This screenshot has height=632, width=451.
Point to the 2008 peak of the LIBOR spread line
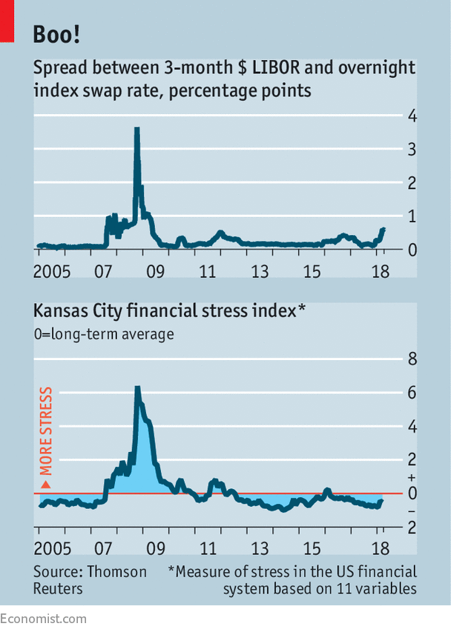136,130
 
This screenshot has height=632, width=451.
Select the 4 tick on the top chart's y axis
412,116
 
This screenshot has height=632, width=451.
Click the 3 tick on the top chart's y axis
412,149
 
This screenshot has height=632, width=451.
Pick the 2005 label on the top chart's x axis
53,271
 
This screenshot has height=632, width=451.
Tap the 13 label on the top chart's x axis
260,271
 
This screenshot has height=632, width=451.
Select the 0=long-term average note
103,334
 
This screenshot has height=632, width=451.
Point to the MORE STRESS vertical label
46,431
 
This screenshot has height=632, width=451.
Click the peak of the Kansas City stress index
137,387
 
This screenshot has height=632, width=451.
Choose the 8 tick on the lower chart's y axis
412,360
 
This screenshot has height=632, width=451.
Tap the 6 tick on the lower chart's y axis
412,393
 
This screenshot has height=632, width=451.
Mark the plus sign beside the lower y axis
412,478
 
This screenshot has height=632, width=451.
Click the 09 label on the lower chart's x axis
156,550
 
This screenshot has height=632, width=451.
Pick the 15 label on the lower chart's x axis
312,550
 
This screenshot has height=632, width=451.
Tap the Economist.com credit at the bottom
43,619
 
